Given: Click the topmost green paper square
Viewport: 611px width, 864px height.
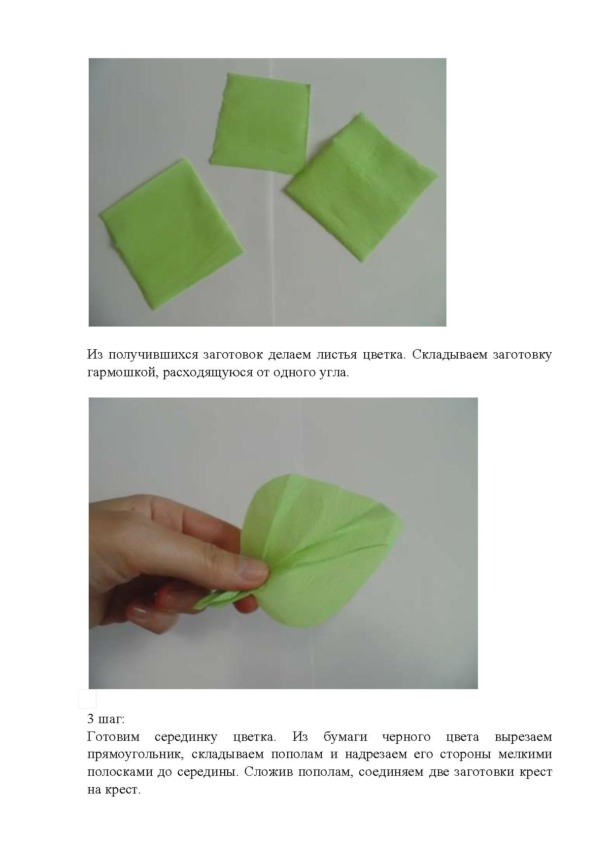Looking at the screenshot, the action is point(261,124).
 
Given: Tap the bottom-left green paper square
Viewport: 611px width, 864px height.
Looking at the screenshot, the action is point(172,217).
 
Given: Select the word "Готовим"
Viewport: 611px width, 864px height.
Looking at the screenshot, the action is point(113,737).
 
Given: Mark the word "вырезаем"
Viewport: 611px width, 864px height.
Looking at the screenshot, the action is point(523,737).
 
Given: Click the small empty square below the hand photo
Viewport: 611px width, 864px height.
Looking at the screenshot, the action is point(88,699).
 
